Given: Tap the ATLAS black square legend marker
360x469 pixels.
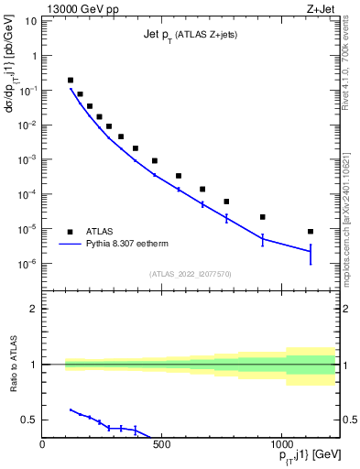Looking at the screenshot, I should pos(70,232).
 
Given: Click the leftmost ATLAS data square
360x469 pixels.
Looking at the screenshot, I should pos(71,81).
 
